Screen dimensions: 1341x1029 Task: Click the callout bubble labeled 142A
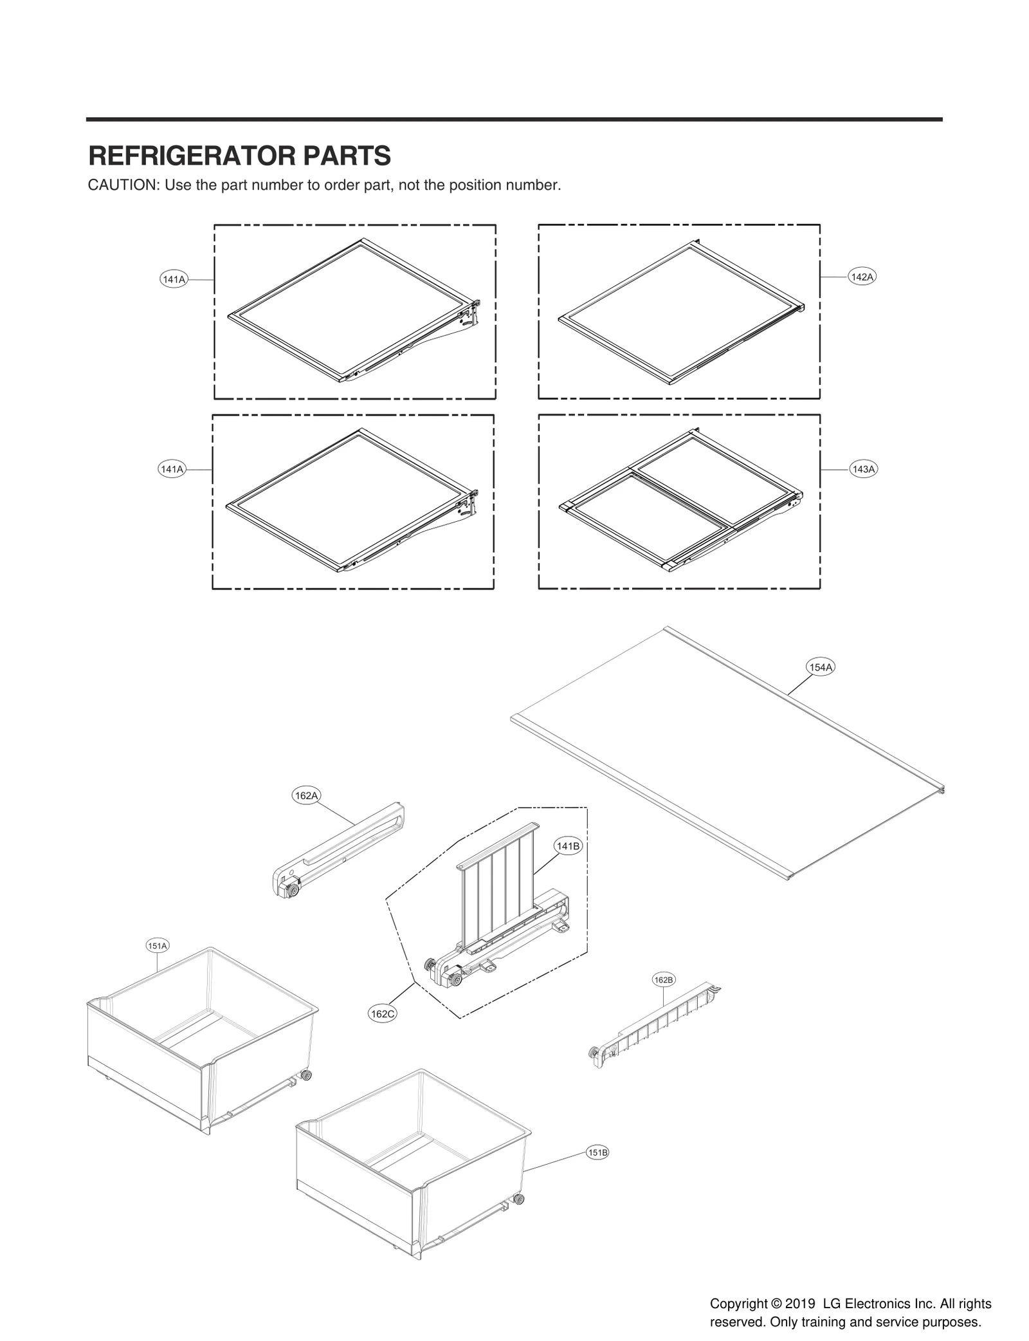(861, 277)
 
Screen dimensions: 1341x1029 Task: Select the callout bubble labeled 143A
(863, 469)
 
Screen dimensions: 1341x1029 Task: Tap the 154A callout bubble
(821, 667)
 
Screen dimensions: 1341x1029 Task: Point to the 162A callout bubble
(306, 795)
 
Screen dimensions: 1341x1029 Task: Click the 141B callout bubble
(568, 846)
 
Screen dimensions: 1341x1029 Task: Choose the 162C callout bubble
(382, 1013)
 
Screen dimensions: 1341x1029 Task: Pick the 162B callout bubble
(663, 979)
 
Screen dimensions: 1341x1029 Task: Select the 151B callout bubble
(597, 1152)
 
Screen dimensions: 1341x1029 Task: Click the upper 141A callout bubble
(174, 279)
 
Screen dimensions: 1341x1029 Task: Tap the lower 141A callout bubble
(172, 469)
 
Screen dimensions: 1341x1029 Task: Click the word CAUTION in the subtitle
(123, 185)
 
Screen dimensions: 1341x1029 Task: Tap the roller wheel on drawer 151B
(518, 1198)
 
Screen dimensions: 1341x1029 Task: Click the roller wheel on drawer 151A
(306, 1075)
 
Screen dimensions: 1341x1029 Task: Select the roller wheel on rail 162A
(293, 891)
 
